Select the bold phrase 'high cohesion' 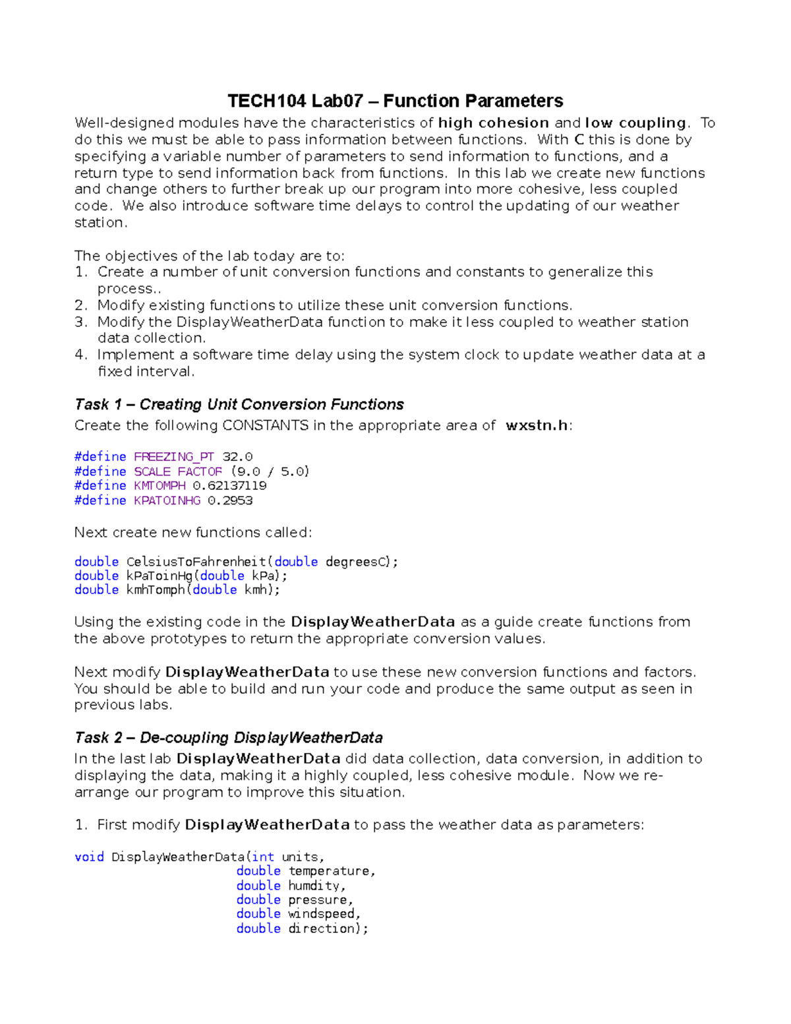[x=494, y=123]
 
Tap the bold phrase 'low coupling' [x=635, y=123]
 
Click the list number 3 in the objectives [x=80, y=322]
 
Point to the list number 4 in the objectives [x=80, y=355]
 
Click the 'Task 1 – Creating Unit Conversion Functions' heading [x=239, y=404]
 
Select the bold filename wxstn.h [x=537, y=426]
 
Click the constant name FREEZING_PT [x=174, y=457]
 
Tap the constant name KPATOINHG [x=167, y=500]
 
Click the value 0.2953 [x=230, y=500]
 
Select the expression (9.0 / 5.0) [x=270, y=471]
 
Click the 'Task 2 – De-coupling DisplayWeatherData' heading [x=229, y=738]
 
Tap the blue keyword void [x=89, y=857]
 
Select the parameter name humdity [x=314, y=886]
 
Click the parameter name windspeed [x=322, y=914]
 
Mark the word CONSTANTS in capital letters [x=265, y=426]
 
